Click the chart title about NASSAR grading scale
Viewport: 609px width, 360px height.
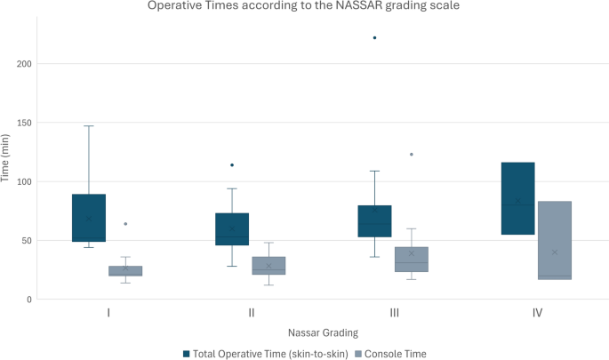[x=305, y=8]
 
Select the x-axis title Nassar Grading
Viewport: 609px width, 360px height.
[x=323, y=332]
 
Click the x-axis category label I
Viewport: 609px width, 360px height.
[x=108, y=313]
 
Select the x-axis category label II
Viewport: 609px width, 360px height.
[x=252, y=313]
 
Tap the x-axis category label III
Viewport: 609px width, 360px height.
[x=394, y=313]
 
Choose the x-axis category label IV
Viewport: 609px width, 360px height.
[x=537, y=313]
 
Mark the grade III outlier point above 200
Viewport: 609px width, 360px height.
[x=375, y=38]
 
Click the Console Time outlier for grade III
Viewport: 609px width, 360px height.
[x=412, y=155]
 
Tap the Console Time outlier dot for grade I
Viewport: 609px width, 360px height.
[x=125, y=224]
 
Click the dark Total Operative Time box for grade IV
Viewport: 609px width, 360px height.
[x=518, y=198]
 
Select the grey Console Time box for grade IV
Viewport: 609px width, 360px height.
[x=555, y=240]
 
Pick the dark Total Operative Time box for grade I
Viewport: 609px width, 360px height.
[x=89, y=218]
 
